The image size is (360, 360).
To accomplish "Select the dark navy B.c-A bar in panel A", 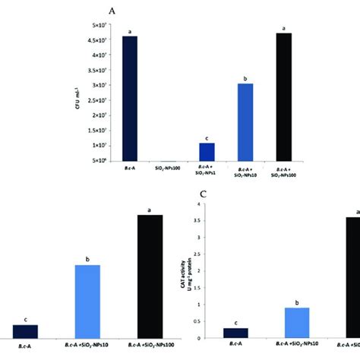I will point(130,99).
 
